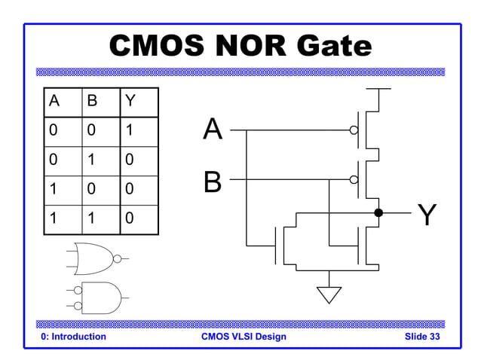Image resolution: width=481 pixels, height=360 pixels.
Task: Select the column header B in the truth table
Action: click(90, 102)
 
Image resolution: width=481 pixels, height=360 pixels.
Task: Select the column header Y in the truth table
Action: click(130, 102)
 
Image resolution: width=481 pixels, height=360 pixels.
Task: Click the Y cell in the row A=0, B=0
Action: click(130, 131)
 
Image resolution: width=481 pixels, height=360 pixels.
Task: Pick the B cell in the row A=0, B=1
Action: click(90, 160)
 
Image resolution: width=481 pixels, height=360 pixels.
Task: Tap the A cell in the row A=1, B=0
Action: click(53, 190)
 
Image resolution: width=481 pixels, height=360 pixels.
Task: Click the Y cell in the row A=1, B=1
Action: click(130, 219)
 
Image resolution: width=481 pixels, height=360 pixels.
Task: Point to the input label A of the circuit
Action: click(213, 130)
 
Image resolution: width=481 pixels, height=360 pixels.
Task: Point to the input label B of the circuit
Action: click(213, 181)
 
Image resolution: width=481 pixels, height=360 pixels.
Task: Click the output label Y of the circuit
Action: click(427, 215)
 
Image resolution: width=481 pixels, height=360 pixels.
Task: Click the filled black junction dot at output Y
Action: click(378, 213)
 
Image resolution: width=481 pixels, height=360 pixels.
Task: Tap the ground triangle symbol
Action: click(329, 294)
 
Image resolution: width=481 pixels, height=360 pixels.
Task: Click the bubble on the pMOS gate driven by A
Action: click(354, 130)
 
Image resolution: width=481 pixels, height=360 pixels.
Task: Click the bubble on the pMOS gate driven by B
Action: click(354, 180)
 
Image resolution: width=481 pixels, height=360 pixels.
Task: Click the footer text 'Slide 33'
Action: click(422, 337)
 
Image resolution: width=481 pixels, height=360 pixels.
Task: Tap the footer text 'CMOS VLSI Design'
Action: click(244, 337)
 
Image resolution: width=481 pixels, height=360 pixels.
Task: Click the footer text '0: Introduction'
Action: click(73, 337)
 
